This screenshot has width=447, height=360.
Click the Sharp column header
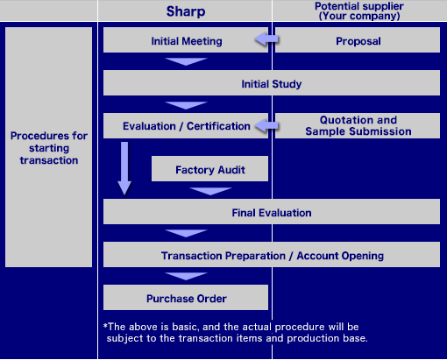click(x=186, y=11)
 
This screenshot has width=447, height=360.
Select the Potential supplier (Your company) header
click(x=359, y=11)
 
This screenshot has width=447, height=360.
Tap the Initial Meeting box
click(x=186, y=40)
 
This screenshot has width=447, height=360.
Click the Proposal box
click(x=358, y=40)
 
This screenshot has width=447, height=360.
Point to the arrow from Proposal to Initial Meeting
click(x=266, y=39)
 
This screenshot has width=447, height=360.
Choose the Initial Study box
click(x=272, y=82)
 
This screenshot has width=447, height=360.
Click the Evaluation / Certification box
click(x=186, y=125)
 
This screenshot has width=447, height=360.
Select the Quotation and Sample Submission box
click(x=358, y=125)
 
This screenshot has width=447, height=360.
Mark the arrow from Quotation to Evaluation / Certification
click(x=266, y=126)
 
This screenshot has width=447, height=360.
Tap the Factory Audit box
click(x=209, y=168)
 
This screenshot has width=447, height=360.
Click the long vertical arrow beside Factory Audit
click(x=124, y=168)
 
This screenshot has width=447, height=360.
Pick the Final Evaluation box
click(x=272, y=211)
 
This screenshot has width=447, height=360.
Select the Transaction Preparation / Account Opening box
click(x=272, y=254)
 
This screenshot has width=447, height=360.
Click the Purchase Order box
click(x=186, y=297)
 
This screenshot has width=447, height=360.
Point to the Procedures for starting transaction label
click(x=49, y=148)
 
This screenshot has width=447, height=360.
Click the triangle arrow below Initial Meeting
click(x=186, y=61)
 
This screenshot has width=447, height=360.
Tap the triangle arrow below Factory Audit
click(x=210, y=191)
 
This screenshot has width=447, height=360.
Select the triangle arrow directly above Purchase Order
click(x=186, y=276)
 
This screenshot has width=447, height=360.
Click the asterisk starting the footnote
click(x=105, y=325)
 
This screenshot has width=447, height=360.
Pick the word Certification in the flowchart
click(x=218, y=126)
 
